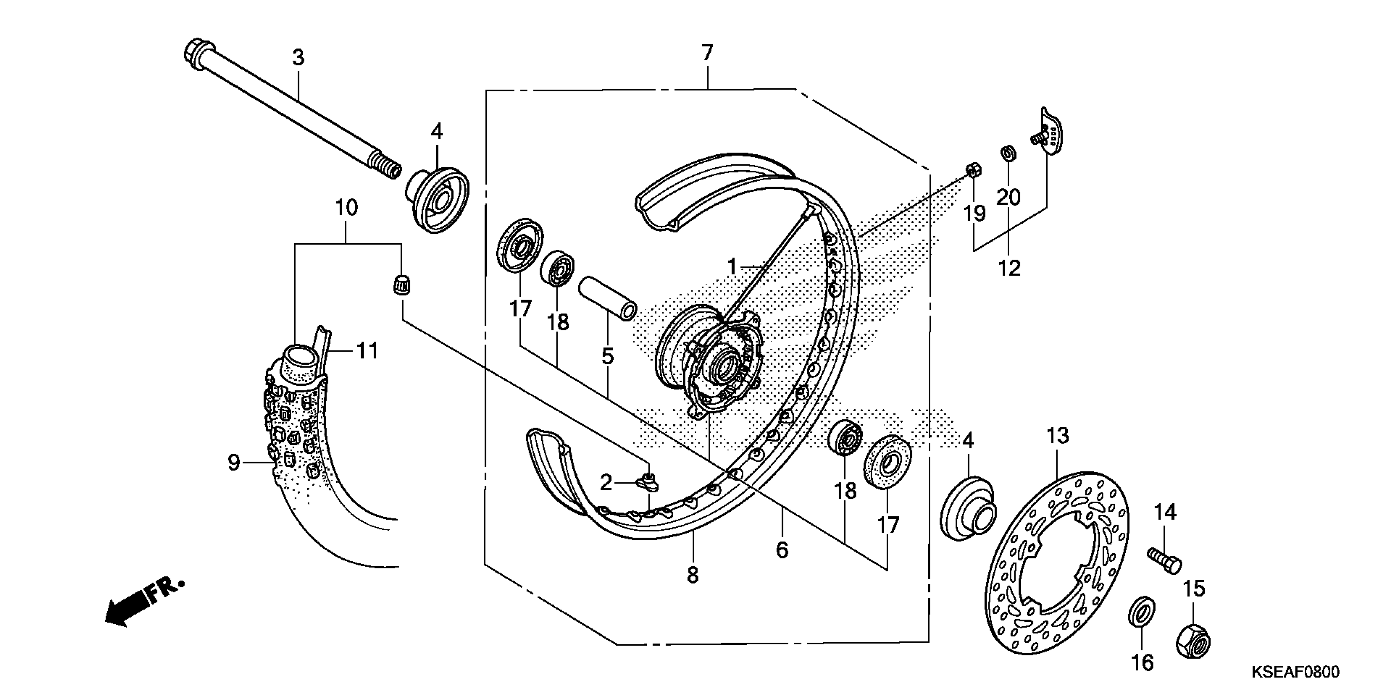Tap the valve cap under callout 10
(401, 284)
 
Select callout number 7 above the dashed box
(707, 53)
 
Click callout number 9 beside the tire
(233, 463)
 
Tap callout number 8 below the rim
(693, 576)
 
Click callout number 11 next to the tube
(368, 351)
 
